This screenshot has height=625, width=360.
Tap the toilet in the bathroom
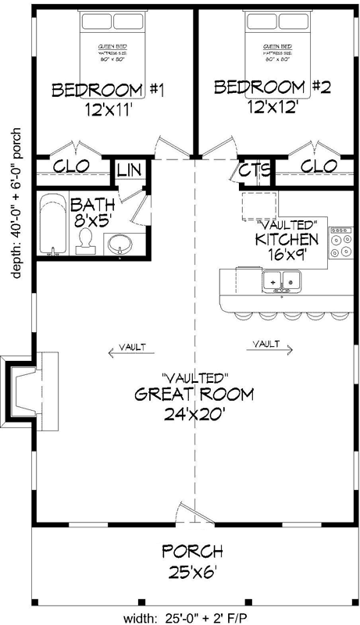[x=86, y=242]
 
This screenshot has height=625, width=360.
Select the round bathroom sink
[x=120, y=244]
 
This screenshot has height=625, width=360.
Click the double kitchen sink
[x=280, y=279]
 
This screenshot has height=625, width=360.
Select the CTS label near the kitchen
[x=255, y=170]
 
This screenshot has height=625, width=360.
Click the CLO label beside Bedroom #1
[x=70, y=166]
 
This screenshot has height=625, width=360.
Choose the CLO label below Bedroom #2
[x=318, y=166]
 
